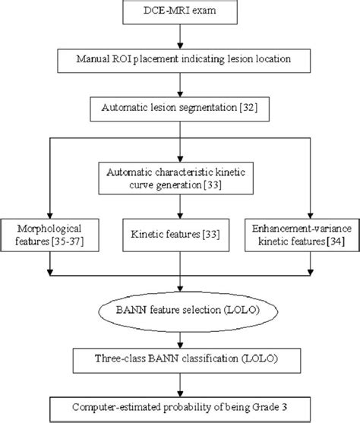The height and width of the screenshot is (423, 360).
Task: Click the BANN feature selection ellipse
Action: (x=179, y=311)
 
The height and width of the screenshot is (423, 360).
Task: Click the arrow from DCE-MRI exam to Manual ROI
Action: (x=179, y=36)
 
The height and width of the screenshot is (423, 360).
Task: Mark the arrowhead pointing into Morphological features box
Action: (x=49, y=213)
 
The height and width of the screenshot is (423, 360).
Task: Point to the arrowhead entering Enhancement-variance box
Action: (x=310, y=213)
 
